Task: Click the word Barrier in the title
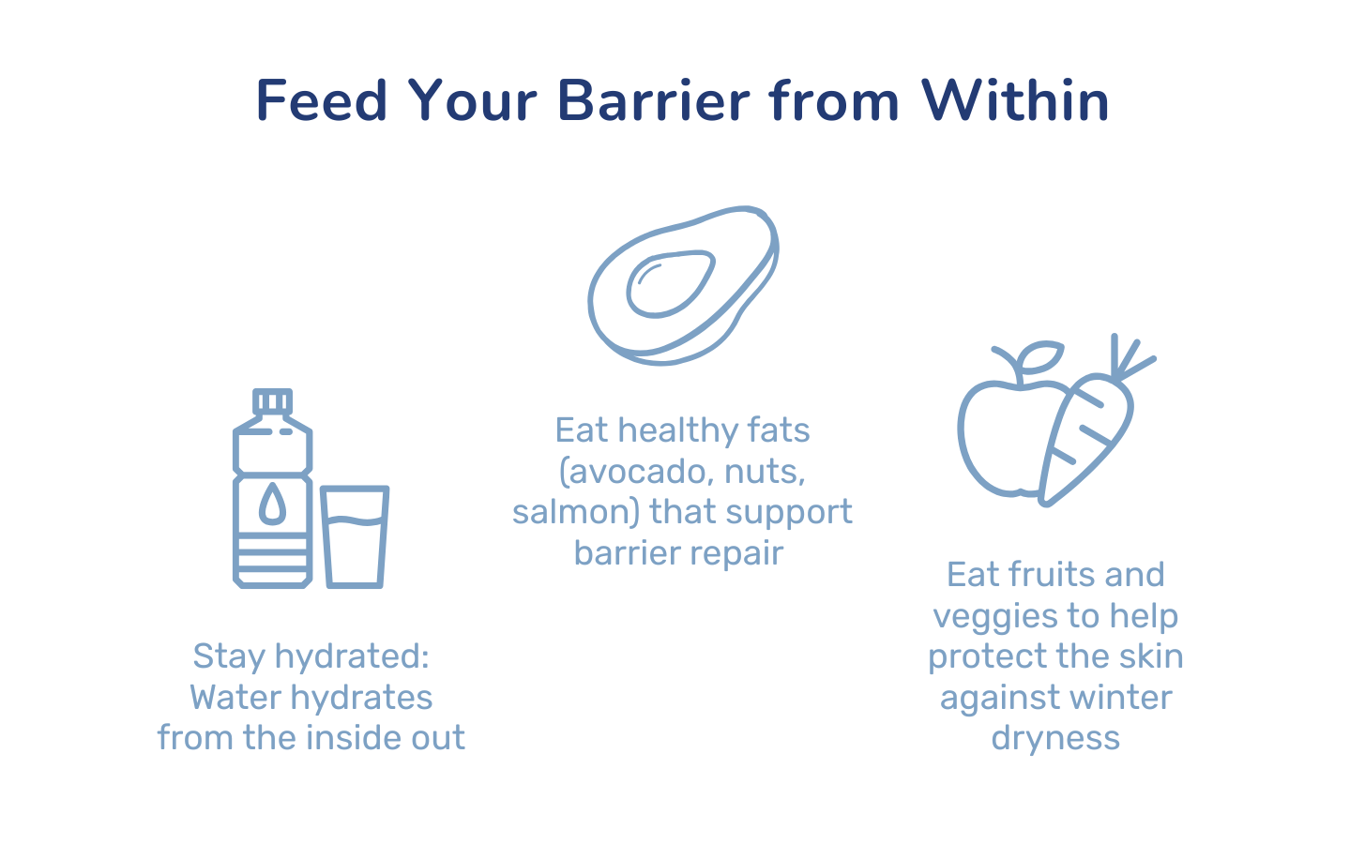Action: tap(653, 100)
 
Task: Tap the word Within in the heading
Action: tap(1015, 99)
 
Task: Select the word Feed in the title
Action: tap(322, 100)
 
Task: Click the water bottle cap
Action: tap(272, 402)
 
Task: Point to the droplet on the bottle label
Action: tap(272, 504)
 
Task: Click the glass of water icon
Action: tap(355, 536)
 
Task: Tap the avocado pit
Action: tap(671, 284)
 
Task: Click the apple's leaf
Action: tap(1040, 357)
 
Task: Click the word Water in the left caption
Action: tap(235, 698)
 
